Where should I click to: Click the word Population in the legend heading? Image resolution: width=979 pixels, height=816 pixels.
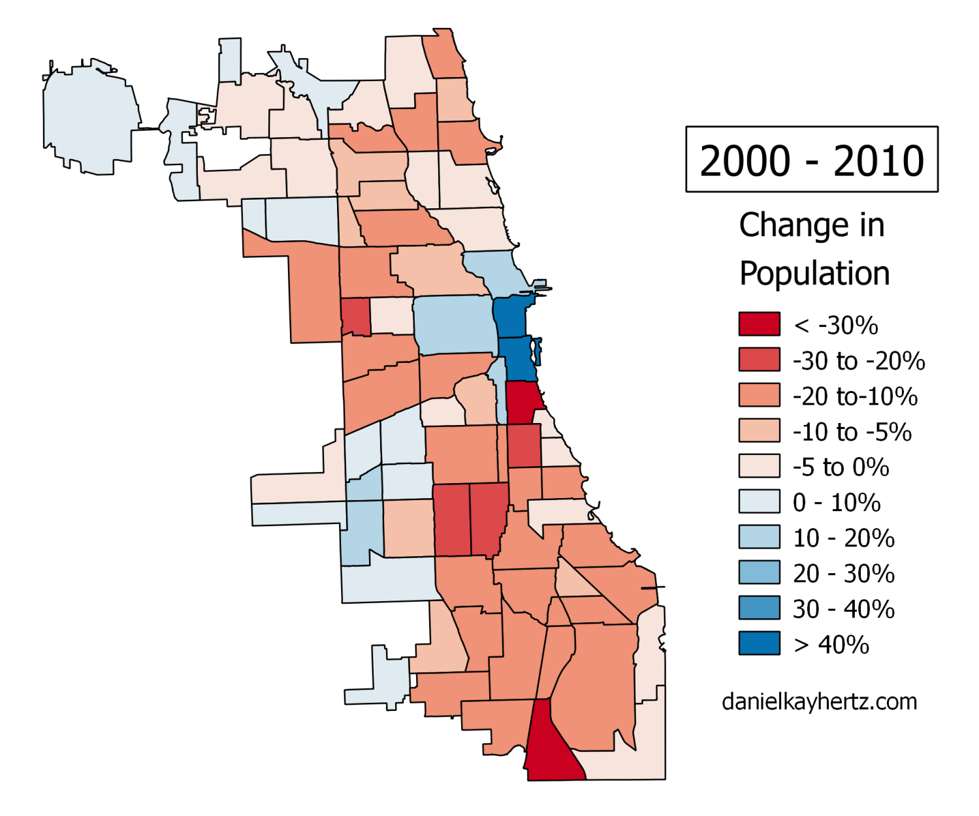(x=814, y=274)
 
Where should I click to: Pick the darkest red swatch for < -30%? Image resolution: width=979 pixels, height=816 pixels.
(x=759, y=324)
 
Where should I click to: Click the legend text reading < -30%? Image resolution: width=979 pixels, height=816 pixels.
(x=835, y=325)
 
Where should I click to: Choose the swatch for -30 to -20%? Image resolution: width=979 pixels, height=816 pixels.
(x=759, y=360)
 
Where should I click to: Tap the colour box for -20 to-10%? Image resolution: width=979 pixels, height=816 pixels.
(x=759, y=395)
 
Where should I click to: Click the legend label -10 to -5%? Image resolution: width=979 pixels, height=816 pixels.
(x=852, y=432)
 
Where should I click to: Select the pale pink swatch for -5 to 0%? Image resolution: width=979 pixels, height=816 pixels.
(x=759, y=466)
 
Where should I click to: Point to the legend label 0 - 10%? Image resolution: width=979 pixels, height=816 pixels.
(x=836, y=503)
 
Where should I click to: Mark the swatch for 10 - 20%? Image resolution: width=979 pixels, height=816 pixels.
(x=759, y=537)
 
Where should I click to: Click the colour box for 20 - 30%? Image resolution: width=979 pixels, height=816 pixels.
(x=759, y=573)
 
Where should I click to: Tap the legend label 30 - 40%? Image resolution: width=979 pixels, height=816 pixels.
(x=843, y=609)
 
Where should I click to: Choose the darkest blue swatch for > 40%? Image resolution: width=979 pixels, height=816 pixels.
(x=759, y=643)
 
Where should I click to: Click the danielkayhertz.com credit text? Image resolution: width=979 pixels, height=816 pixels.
(x=819, y=702)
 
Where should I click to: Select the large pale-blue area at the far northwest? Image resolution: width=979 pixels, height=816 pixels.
(x=88, y=121)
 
